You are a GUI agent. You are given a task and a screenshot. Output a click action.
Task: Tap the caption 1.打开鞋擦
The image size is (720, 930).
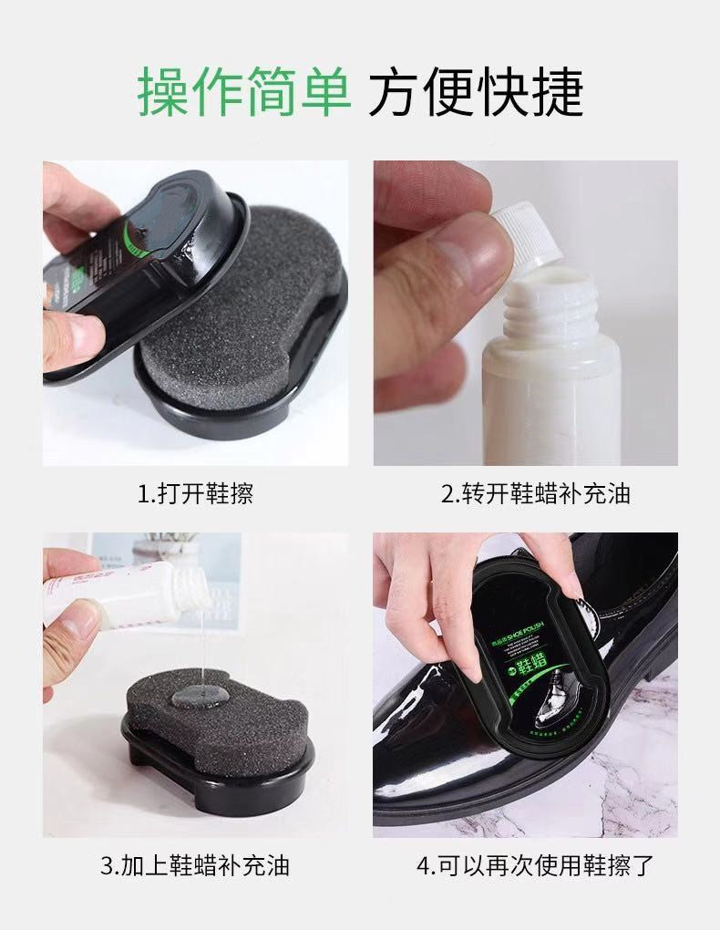click(195, 494)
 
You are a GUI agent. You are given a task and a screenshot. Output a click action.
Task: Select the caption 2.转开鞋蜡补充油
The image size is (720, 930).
click(536, 494)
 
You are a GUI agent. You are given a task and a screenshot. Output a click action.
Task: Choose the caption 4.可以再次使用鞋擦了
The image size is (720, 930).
click(536, 864)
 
